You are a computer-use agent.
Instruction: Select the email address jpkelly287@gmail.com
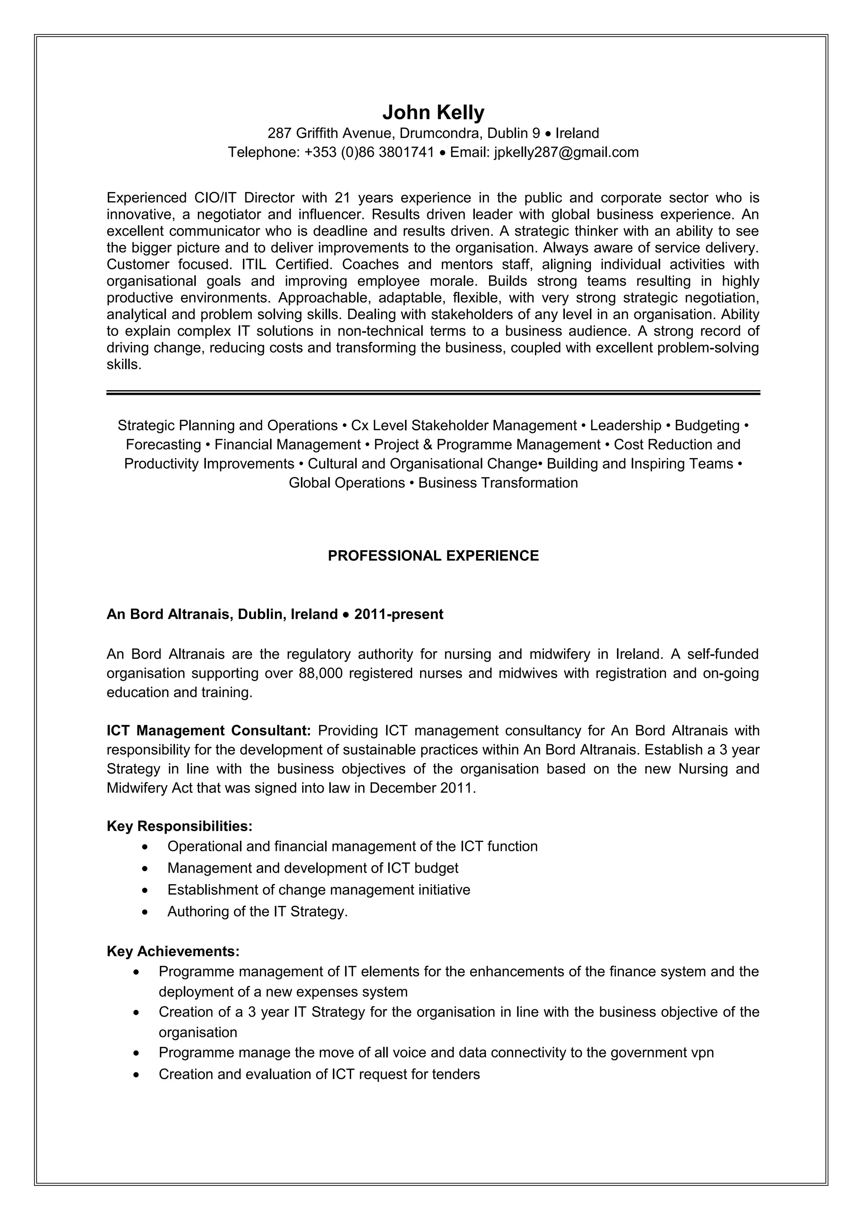(566, 152)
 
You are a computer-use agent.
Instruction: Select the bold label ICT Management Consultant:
(208, 731)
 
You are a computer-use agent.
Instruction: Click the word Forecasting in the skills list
(163, 445)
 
